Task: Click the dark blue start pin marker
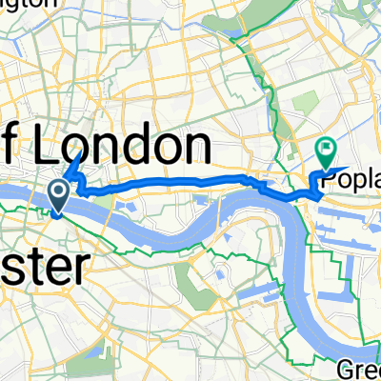pyautogui.click(x=58, y=197)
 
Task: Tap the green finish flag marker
pyautogui.click(x=326, y=150)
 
